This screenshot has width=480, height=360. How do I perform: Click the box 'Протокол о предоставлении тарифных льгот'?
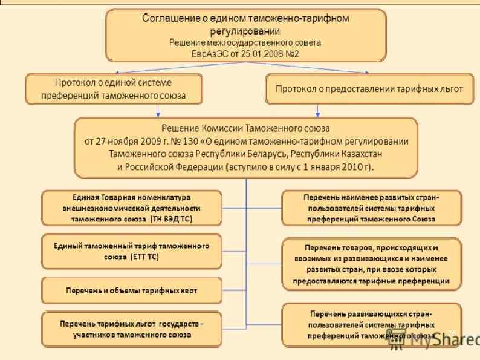click(369, 89)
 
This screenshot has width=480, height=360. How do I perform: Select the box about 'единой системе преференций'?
click(113, 88)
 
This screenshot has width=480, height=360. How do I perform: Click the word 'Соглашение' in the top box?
click(170, 18)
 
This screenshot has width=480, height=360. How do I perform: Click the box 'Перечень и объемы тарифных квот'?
click(131, 291)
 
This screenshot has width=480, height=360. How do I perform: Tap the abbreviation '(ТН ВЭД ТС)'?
click(170, 220)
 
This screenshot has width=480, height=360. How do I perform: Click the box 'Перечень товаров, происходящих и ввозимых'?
click(371, 264)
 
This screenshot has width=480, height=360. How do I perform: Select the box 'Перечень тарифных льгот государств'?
click(131, 329)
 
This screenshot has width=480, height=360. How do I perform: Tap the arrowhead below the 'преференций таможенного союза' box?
click(158, 113)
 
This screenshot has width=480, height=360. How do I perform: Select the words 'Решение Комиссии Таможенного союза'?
click(245, 128)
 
